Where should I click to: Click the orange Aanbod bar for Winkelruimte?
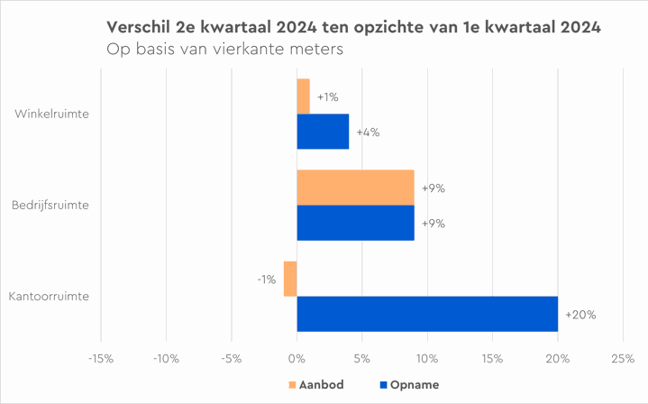(304, 96)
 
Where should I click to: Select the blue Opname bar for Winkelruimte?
(323, 132)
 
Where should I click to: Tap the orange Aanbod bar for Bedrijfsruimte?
(355, 188)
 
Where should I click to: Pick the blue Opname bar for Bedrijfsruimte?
(355, 223)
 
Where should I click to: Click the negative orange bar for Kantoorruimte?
(290, 279)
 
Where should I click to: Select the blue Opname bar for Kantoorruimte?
(427, 314)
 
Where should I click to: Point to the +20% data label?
(580, 315)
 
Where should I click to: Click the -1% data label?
(266, 280)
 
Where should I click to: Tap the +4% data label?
(368, 133)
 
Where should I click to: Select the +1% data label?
(328, 97)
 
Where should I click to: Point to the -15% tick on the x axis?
(100, 359)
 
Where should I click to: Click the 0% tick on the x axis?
(297, 359)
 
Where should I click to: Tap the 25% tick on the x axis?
(623, 359)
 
